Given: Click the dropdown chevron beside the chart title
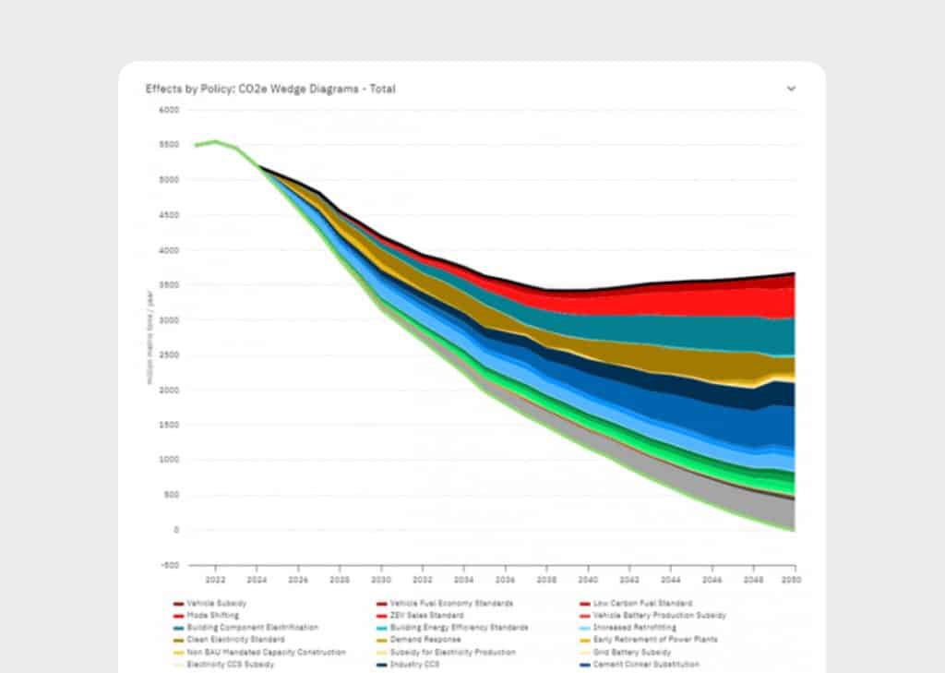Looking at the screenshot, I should tap(791, 89).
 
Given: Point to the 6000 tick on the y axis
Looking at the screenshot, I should tap(168, 110).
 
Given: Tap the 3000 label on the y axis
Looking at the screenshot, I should tap(168, 320).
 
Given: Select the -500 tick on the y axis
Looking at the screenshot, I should tap(168, 565).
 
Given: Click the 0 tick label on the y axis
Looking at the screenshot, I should tap(175, 530).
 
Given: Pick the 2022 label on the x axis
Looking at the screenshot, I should tap(215, 580).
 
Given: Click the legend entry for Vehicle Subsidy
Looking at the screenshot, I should tap(210, 603).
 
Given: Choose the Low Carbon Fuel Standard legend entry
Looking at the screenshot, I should tap(642, 603).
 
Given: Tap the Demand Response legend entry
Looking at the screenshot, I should tap(418, 639).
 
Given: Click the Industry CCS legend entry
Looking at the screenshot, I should tap(411, 664).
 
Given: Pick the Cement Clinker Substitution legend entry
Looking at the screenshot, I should tap(646, 664).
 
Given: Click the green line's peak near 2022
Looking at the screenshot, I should tap(215, 141).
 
